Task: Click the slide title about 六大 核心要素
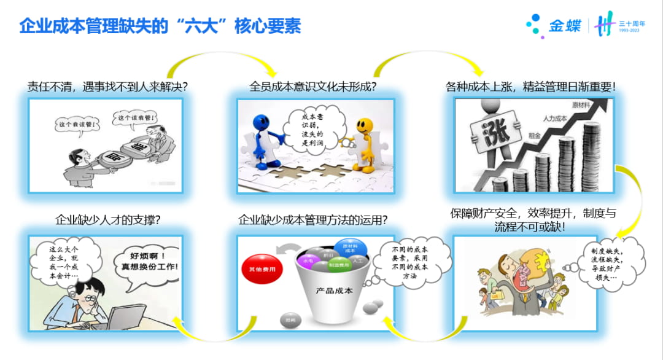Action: (160, 26)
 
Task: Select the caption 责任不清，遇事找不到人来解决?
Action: (107, 87)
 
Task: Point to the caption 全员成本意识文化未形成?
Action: (312, 87)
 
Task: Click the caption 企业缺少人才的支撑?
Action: (107, 219)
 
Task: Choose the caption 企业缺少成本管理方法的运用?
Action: (312, 219)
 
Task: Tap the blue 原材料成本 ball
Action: (351, 248)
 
